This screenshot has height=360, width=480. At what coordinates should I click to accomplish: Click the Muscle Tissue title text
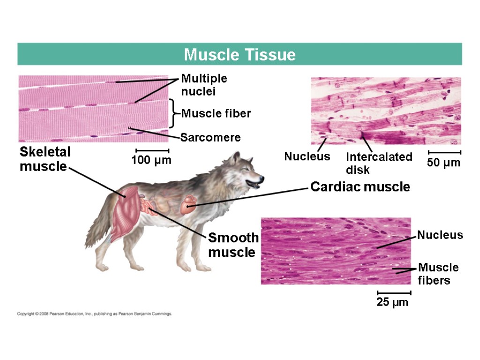[x=240, y=55]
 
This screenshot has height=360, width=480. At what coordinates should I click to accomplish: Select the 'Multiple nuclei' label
[x=204, y=85]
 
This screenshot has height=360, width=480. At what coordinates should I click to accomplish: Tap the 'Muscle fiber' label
[x=216, y=113]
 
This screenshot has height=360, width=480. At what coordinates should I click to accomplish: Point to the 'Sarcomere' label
[x=210, y=137]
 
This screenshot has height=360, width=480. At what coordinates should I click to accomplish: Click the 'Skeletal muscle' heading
[x=45, y=159]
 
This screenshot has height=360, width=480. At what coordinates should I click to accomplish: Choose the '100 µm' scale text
[x=151, y=160]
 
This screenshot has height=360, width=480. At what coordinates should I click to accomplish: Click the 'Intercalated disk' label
[x=379, y=163]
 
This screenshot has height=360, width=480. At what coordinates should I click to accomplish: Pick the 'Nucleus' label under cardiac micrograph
[x=307, y=157]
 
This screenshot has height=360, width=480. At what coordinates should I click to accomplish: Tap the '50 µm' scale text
[x=444, y=163]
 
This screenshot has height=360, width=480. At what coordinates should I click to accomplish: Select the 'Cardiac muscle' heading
[x=360, y=187]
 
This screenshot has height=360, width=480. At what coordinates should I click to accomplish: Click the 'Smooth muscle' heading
[x=233, y=245]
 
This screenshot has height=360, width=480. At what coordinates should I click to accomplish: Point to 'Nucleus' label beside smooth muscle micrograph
[x=440, y=235]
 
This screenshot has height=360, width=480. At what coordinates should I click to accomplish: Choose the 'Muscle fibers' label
[x=438, y=274]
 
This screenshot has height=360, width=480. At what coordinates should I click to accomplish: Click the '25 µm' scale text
[x=393, y=302]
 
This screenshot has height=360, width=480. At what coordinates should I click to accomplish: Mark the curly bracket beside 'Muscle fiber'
[x=173, y=113]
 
